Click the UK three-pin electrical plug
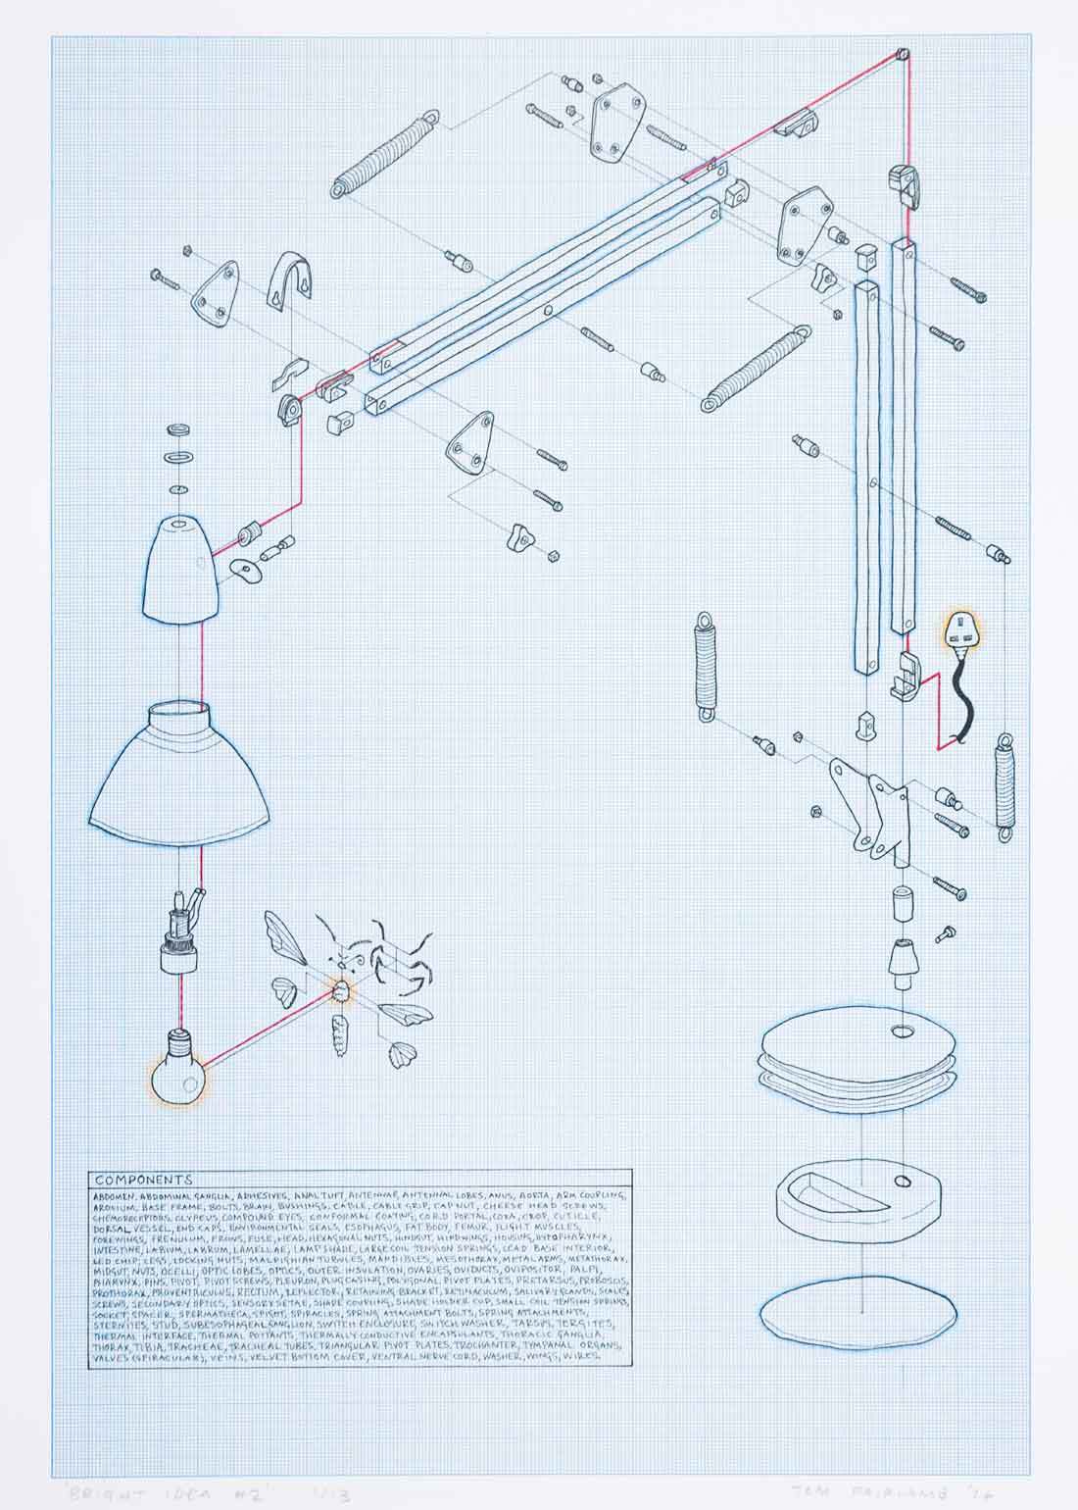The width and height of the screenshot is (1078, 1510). pos(959,633)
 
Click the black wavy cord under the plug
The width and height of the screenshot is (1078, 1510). pos(961,704)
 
